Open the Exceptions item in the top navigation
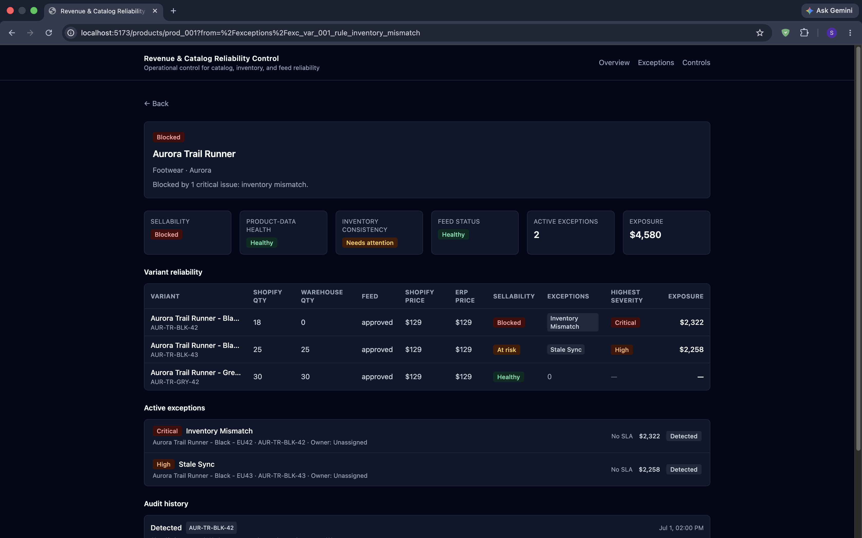656,63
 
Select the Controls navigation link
696,63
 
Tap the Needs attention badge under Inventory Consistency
370,243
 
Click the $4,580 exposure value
645,235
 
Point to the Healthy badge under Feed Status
453,234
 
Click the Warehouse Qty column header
322,296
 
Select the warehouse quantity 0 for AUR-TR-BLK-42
303,322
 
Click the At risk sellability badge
506,350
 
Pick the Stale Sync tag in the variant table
566,350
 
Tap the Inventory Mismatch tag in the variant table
572,322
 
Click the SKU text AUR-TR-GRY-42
174,382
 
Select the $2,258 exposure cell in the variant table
691,349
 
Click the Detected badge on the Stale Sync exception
683,469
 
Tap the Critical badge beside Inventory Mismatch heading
167,431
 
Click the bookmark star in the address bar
760,33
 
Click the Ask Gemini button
830,11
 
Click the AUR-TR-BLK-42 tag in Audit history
211,528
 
